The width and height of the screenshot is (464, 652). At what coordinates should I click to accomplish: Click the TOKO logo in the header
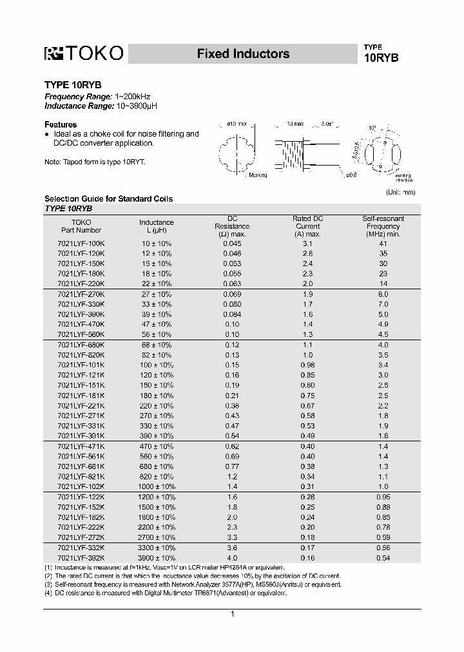[x=83, y=55]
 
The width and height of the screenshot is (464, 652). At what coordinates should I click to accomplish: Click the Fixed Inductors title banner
[x=243, y=54]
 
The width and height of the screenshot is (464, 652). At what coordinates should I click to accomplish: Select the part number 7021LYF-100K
[x=81, y=244]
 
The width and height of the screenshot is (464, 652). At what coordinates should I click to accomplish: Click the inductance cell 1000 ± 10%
[x=156, y=486]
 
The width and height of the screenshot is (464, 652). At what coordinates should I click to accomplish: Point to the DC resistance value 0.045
[x=233, y=244]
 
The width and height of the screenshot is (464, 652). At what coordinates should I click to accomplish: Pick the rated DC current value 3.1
[x=307, y=244]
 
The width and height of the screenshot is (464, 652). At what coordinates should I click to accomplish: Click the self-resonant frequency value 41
[x=383, y=244]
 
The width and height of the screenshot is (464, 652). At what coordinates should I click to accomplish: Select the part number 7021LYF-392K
[x=81, y=557]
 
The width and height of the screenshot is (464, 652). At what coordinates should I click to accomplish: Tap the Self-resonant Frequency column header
[x=383, y=226]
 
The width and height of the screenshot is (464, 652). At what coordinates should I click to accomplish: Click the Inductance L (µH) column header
[x=156, y=226]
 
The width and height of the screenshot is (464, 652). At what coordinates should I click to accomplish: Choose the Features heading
[x=60, y=124]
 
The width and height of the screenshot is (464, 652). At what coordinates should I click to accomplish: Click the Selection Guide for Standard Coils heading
[x=108, y=198]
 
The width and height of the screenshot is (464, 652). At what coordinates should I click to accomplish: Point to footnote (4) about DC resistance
[x=166, y=592]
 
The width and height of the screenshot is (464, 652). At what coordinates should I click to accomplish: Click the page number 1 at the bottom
[x=232, y=614]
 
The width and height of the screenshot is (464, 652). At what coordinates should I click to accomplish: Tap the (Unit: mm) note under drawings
[x=401, y=192]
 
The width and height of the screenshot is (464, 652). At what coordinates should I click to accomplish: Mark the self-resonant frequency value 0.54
[x=383, y=557]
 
